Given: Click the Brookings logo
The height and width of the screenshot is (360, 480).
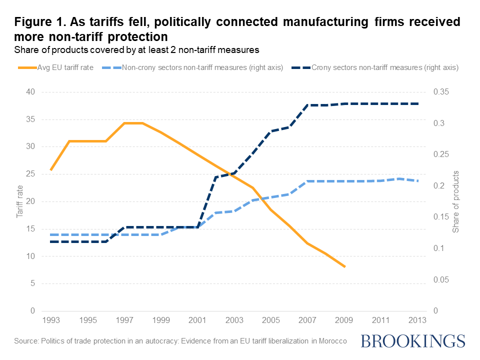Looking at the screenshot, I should pyautogui.click(x=412, y=341).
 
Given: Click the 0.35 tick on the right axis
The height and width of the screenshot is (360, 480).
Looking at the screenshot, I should pyautogui.click(x=442, y=92).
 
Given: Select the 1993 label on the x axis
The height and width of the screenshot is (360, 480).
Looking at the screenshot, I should pyautogui.click(x=50, y=319).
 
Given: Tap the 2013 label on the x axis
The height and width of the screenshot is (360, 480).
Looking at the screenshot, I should pyautogui.click(x=417, y=319).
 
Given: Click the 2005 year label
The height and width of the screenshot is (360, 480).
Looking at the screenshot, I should pyautogui.click(x=270, y=319).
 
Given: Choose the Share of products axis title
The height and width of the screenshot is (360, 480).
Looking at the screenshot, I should pyautogui.click(x=455, y=201).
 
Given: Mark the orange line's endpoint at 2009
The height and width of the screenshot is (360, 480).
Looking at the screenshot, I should pyautogui.click(x=344, y=266).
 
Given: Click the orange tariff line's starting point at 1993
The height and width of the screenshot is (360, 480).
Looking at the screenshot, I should pyautogui.click(x=51, y=170).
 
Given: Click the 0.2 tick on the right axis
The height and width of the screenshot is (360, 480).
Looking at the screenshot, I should pyautogui.click(x=440, y=186).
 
